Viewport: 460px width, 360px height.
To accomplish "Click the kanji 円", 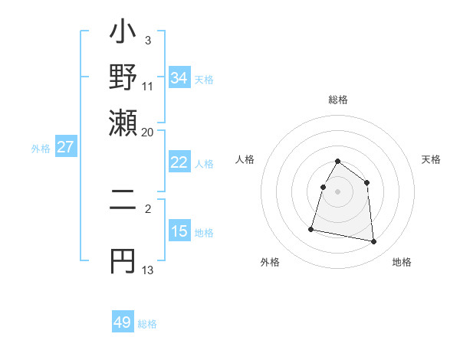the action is point(123,261).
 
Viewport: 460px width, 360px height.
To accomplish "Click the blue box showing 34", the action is point(179,78).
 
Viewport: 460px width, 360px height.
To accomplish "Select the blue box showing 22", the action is point(179,162).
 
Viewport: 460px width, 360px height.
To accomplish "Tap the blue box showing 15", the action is point(179,231).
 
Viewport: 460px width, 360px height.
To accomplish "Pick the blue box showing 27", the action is point(65,147).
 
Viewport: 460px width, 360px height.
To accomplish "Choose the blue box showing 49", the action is point(123,322).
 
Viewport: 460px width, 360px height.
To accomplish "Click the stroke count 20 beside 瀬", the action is point(148,131).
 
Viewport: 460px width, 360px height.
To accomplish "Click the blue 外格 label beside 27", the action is point(41,149).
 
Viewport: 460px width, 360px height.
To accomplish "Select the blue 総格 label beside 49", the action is point(147,324).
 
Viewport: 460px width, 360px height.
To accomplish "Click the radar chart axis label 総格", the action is point(337,100).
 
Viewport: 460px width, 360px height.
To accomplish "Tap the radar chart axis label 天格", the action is point(431,159).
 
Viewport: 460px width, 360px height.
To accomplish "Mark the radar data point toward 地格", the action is point(374,242).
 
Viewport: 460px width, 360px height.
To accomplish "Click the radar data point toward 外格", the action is point(311,228).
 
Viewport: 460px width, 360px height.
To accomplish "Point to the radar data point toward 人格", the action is point(323,187).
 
